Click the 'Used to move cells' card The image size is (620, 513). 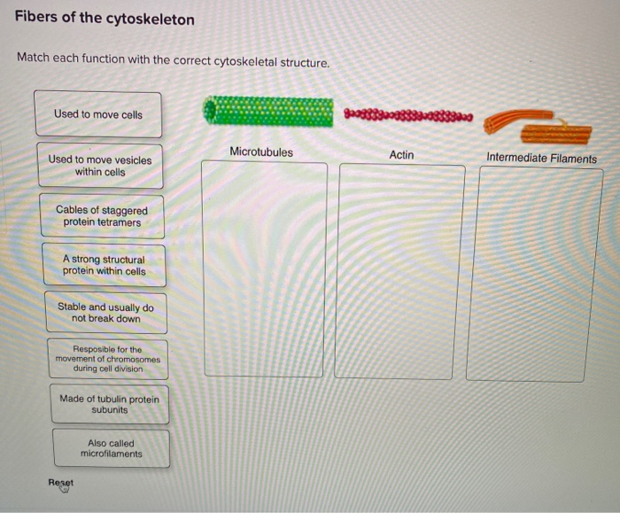point(97,114)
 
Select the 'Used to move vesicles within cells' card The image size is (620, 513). point(100,166)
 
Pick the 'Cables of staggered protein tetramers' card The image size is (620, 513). point(102,216)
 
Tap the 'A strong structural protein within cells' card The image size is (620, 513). point(104,265)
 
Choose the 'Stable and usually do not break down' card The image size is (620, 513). point(105,313)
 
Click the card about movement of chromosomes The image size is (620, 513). point(107,359)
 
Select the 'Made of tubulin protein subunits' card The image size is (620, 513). point(109,404)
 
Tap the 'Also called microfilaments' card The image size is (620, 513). point(111,448)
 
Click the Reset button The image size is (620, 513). point(61,483)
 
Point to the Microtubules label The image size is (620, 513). point(260,152)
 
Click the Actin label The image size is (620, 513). point(401,155)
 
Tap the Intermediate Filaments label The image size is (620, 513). point(541,159)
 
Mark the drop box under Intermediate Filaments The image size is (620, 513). point(534,275)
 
